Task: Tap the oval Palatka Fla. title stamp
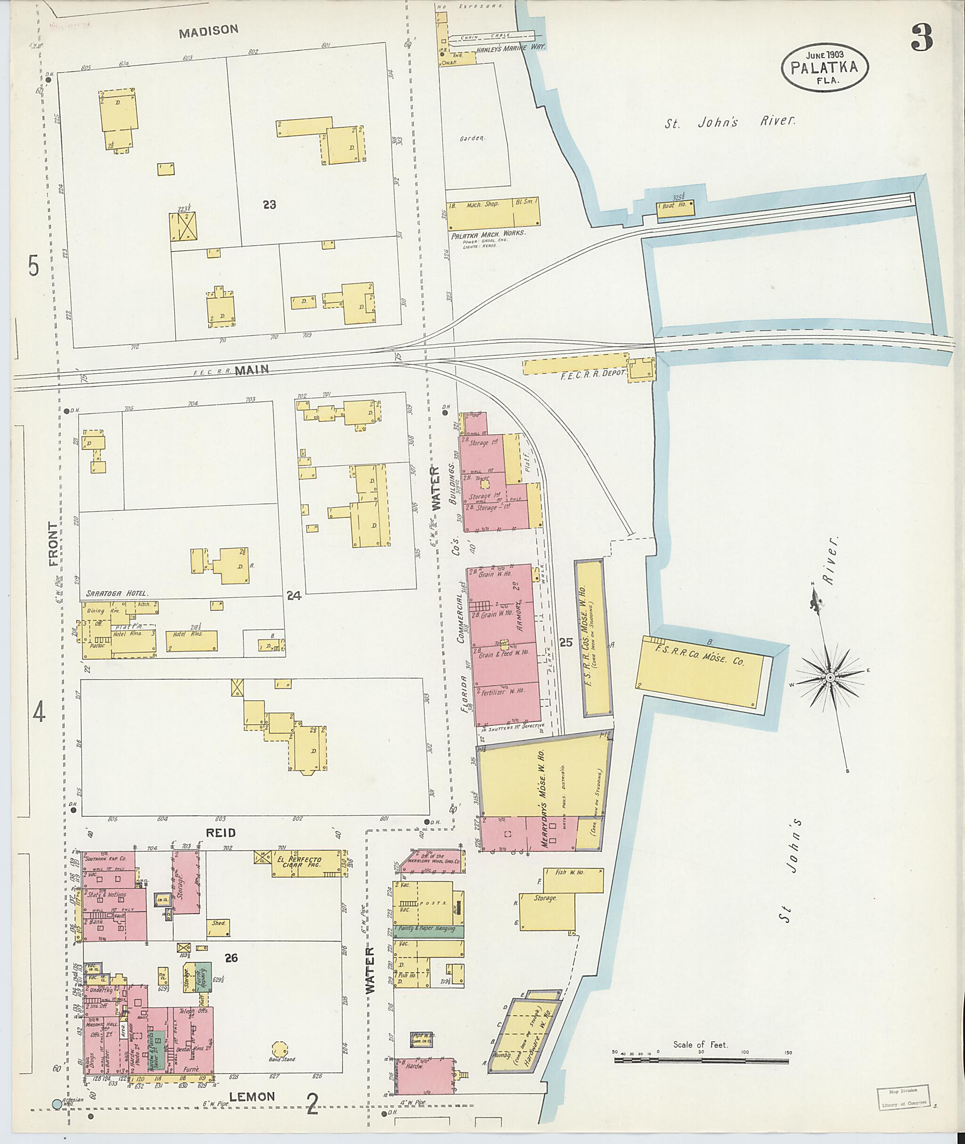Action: tap(825, 67)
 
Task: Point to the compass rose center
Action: tap(830, 678)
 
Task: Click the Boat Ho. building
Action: tap(676, 208)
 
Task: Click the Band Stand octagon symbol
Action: tap(279, 1048)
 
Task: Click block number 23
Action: tap(269, 205)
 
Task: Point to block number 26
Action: tap(231, 957)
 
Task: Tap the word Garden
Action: tap(472, 138)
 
